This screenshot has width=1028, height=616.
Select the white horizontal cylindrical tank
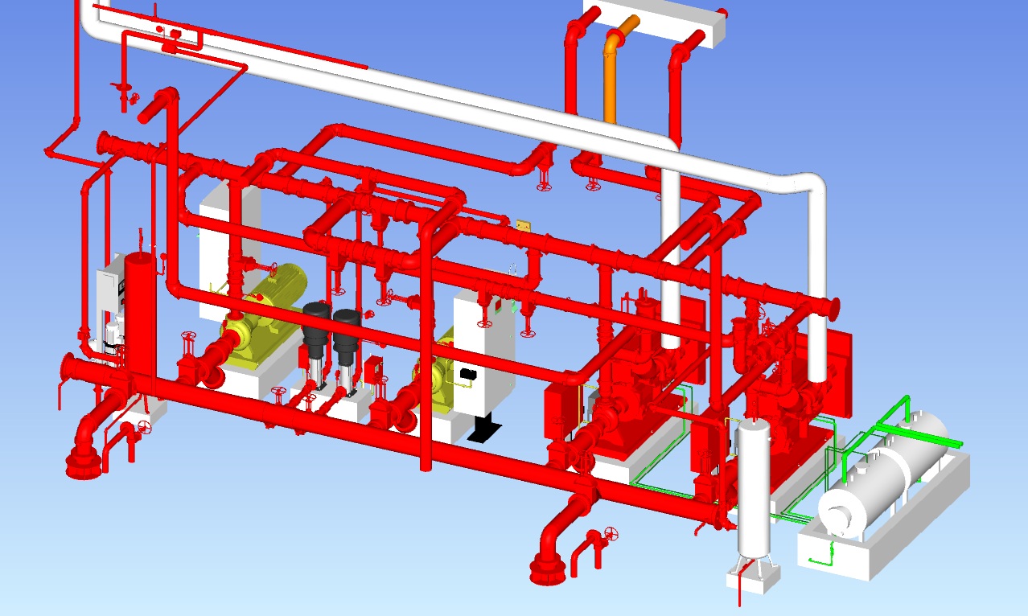click(x=885, y=474)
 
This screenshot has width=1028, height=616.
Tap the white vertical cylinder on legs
click(x=754, y=491)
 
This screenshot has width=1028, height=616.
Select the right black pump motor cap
click(x=347, y=320)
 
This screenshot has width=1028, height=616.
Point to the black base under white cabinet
click(x=485, y=429)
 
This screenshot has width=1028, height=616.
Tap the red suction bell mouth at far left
click(x=82, y=462)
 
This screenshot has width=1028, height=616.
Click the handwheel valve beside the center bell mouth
click(x=613, y=534)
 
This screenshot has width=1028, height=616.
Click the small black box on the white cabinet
click(x=467, y=373)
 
